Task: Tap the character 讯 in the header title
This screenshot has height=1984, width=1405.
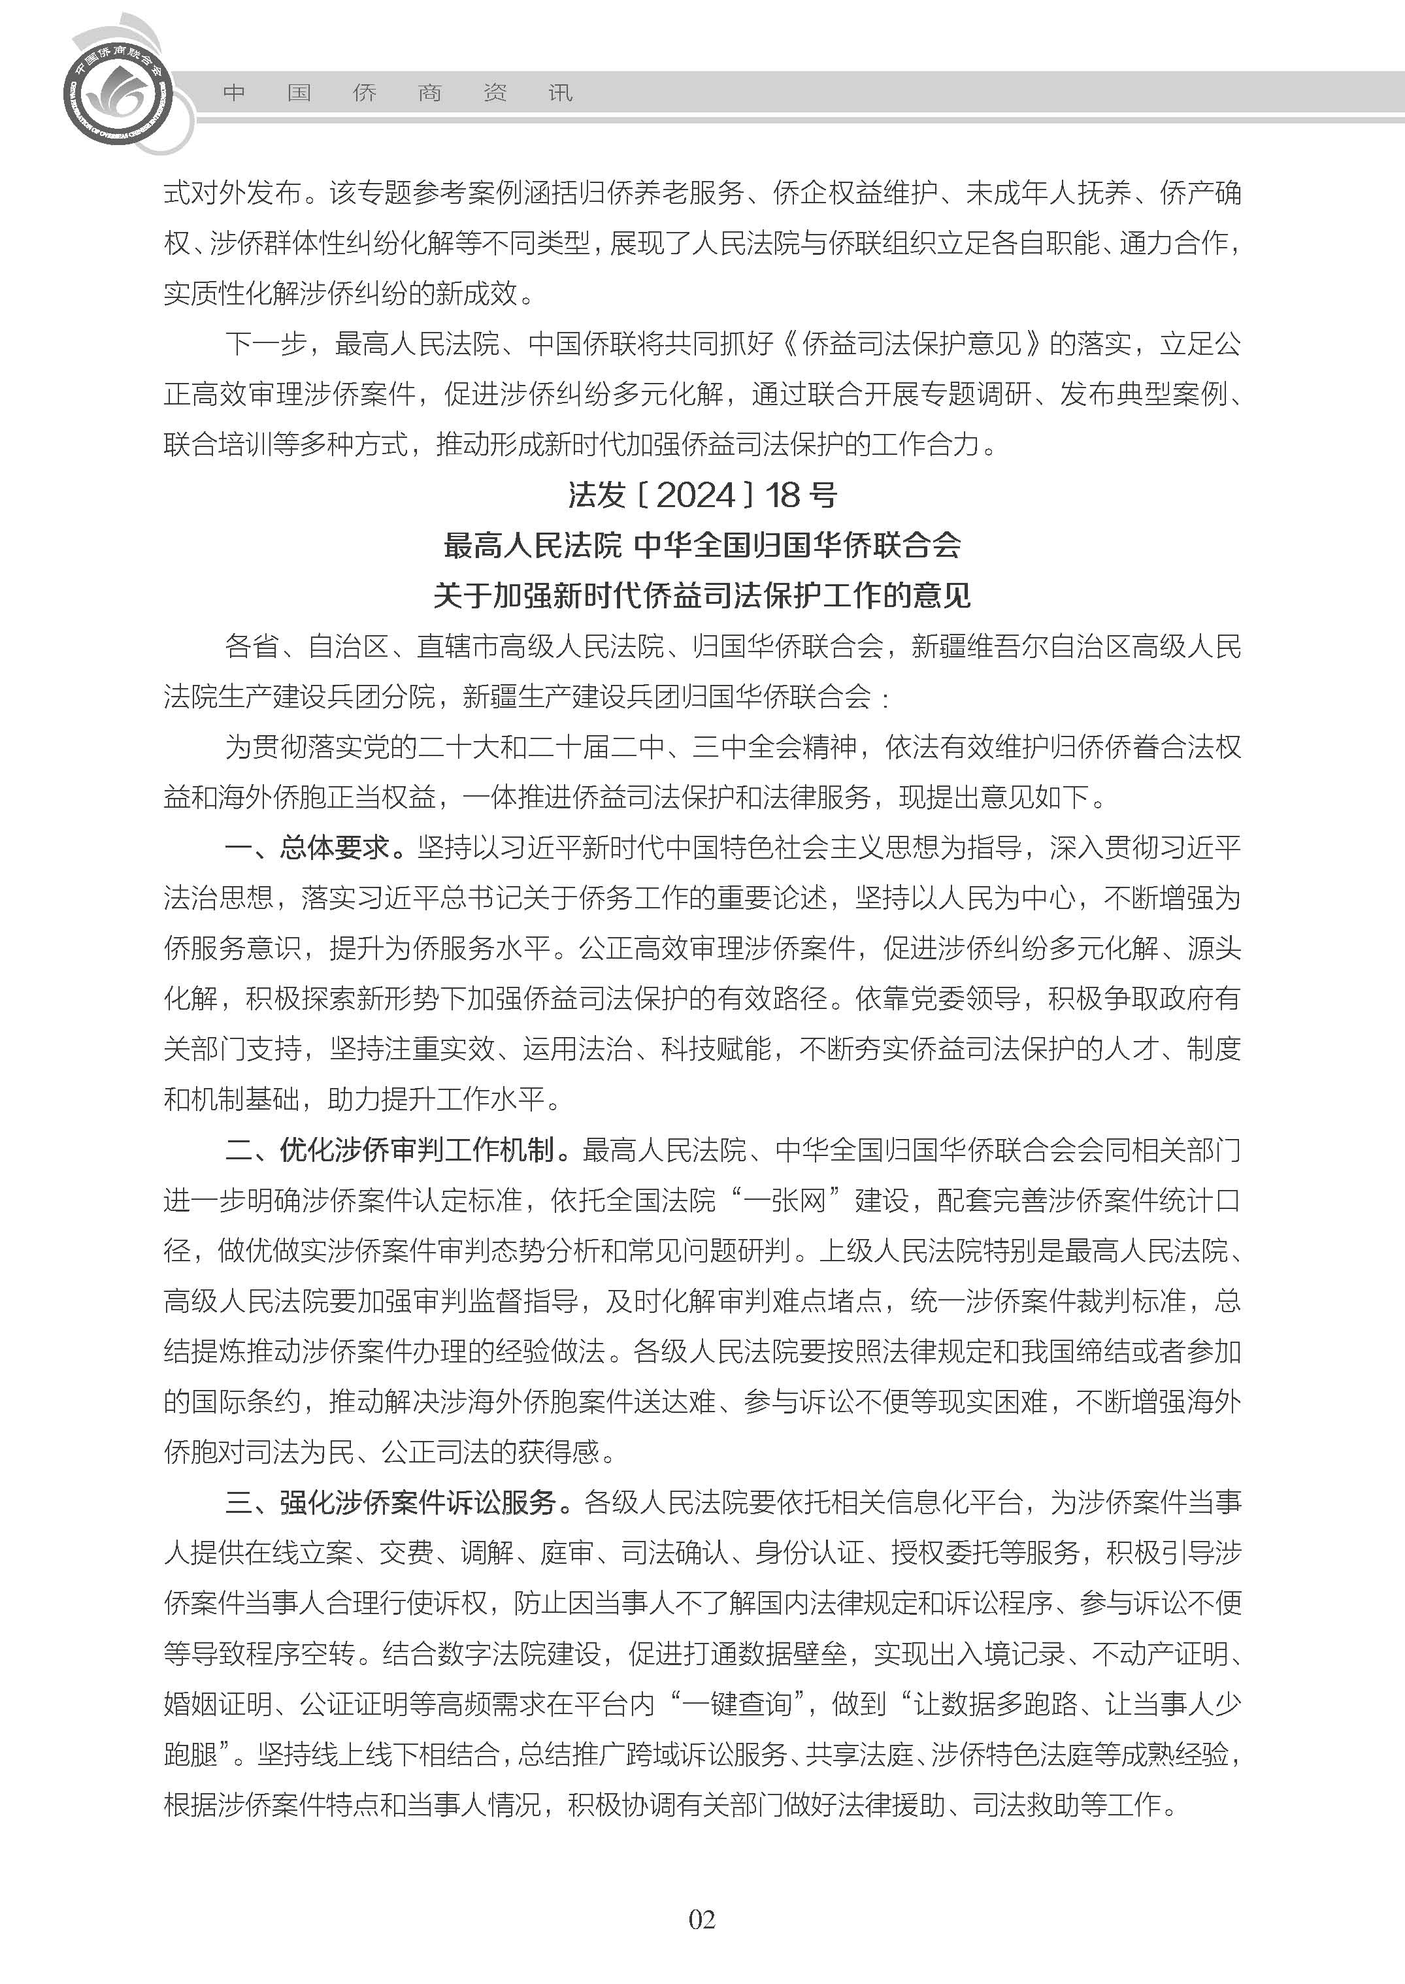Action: click(x=561, y=93)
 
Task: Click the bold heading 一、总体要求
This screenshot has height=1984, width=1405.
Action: click(x=314, y=848)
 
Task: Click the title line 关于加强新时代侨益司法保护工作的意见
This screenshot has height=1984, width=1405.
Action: click(x=702, y=595)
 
